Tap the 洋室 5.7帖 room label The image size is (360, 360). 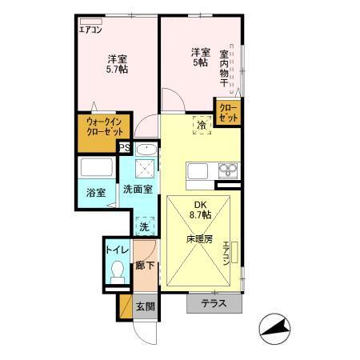tap(118, 64)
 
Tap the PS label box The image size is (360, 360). tap(124, 147)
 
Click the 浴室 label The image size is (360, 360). tap(97, 193)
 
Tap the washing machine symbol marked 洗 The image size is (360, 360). tap(144, 226)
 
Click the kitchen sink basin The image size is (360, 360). tap(228, 170)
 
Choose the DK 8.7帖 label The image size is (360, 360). tap(199, 209)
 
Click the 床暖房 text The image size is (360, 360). tap(199, 238)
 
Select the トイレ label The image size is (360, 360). tap(116, 249)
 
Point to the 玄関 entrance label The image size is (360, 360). tap(144, 305)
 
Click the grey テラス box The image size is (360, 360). tap(213, 304)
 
